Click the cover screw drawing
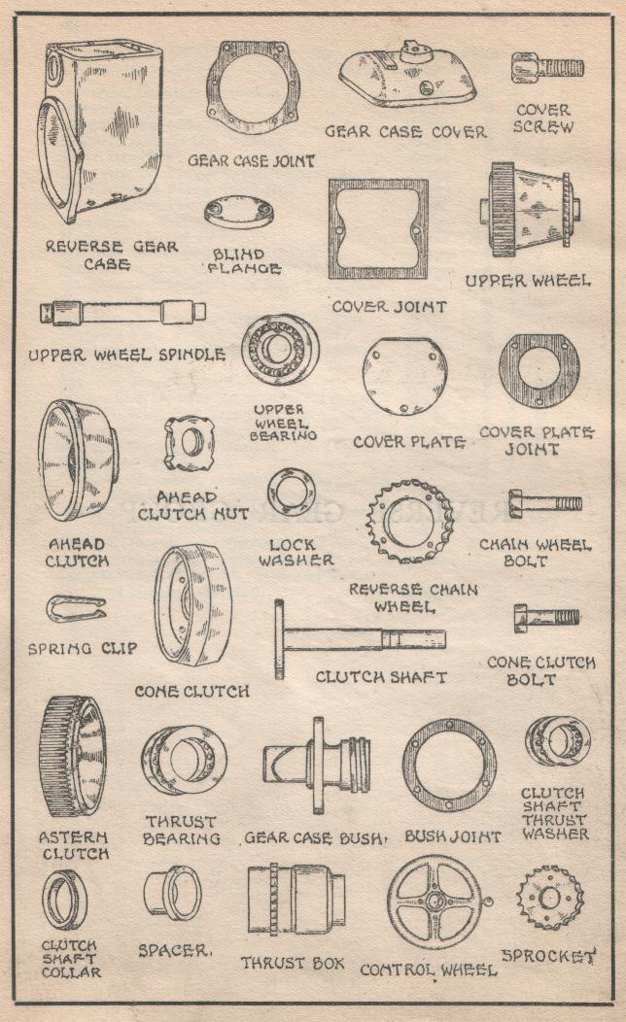click(547, 68)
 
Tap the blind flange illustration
click(239, 213)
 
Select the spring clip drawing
click(76, 609)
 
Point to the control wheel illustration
click(435, 903)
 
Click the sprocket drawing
click(550, 899)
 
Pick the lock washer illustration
click(292, 494)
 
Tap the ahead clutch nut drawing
click(190, 444)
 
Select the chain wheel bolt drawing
click(545, 504)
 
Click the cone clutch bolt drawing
click(546, 618)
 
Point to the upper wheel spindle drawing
click(122, 312)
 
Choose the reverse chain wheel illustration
click(409, 522)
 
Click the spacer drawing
click(172, 892)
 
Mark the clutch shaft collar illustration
click(64, 901)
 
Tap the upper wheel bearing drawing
click(280, 350)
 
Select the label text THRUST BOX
click(293, 963)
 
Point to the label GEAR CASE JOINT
click(252, 160)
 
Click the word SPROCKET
click(549, 956)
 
